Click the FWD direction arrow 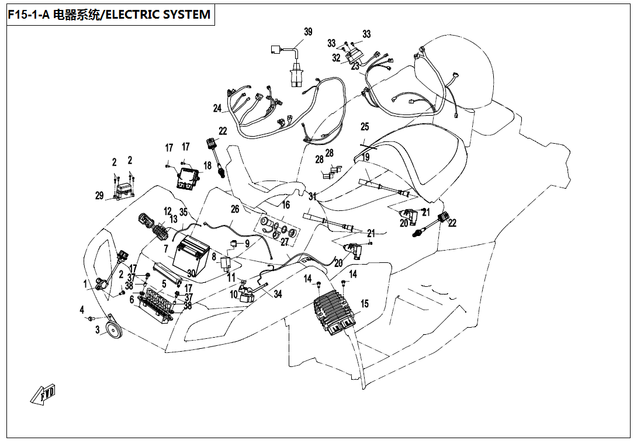[x=43, y=395]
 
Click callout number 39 [x=308, y=31]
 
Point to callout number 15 [x=365, y=304]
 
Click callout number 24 [x=217, y=108]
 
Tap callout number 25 [x=365, y=127]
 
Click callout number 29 [x=99, y=196]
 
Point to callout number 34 [x=278, y=294]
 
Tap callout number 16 [x=286, y=205]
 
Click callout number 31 [x=313, y=197]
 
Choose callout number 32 [x=336, y=58]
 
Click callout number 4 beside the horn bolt [x=82, y=309]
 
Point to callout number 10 [x=234, y=296]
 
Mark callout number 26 [x=235, y=209]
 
